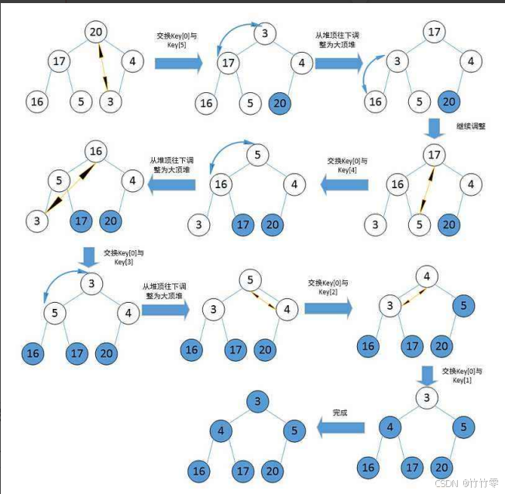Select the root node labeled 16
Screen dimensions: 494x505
click(x=95, y=150)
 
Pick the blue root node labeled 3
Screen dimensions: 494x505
click(x=256, y=400)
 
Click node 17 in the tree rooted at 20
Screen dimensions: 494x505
click(x=59, y=61)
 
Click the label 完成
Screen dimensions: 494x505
click(x=339, y=412)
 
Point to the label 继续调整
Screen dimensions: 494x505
click(x=472, y=125)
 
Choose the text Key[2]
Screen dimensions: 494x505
click(x=329, y=293)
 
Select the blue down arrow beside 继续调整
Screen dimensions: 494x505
click(x=435, y=126)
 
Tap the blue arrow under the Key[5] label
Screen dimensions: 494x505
click(x=178, y=62)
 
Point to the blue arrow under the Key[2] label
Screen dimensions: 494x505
click(x=328, y=308)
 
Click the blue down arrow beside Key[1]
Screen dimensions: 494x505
click(x=426, y=375)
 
